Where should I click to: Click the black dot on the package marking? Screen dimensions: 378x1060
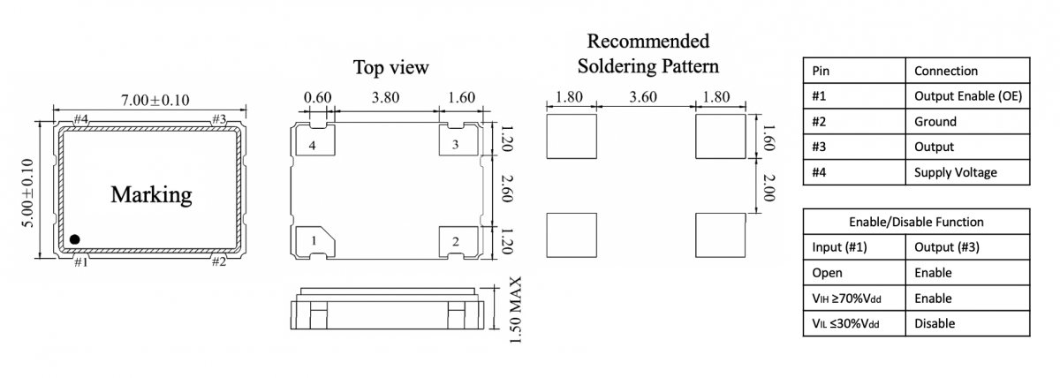[76, 238]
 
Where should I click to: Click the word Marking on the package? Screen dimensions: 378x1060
[151, 194]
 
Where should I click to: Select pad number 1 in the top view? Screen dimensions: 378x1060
[314, 241]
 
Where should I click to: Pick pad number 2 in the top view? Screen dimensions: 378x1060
[456, 241]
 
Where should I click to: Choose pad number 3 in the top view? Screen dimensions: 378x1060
[456, 145]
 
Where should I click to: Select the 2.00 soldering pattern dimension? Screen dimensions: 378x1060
[768, 187]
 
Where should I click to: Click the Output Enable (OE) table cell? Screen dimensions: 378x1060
[967, 96]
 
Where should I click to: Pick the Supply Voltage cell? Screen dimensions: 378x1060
[955, 172]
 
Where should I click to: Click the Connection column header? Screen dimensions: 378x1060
[946, 71]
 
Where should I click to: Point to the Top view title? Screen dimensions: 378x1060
[390, 67]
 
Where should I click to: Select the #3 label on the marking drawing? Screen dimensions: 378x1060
[218, 119]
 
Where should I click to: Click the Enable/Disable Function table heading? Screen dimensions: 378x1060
[916, 222]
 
